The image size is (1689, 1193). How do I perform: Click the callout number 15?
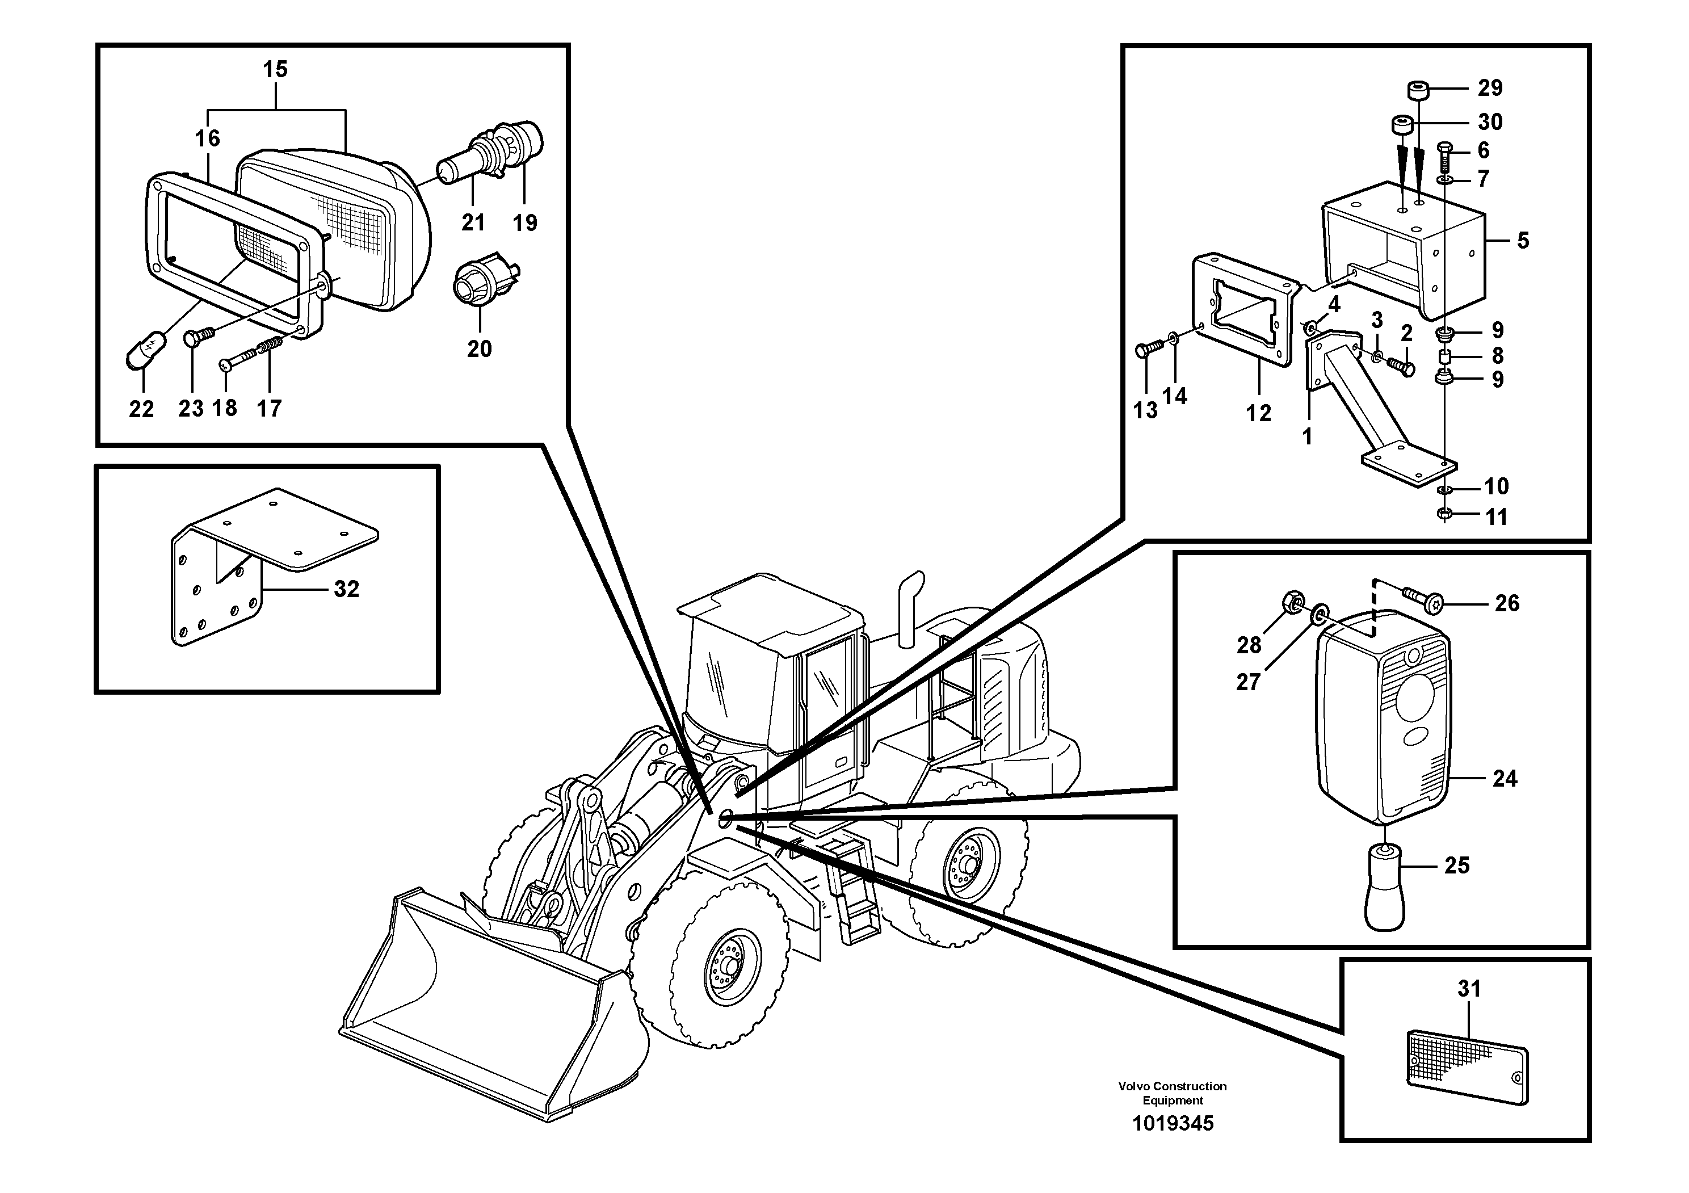tap(275, 70)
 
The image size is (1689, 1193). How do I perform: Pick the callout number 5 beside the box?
tap(1523, 241)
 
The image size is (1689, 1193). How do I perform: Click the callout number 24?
tap(1505, 778)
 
